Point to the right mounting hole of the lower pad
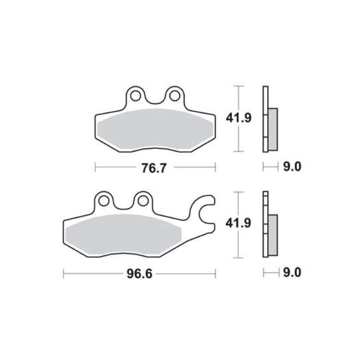(x=142, y=200)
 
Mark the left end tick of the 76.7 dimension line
(x=96, y=167)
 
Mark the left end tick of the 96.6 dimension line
(x=63, y=272)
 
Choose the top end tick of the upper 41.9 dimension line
(x=239, y=85)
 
